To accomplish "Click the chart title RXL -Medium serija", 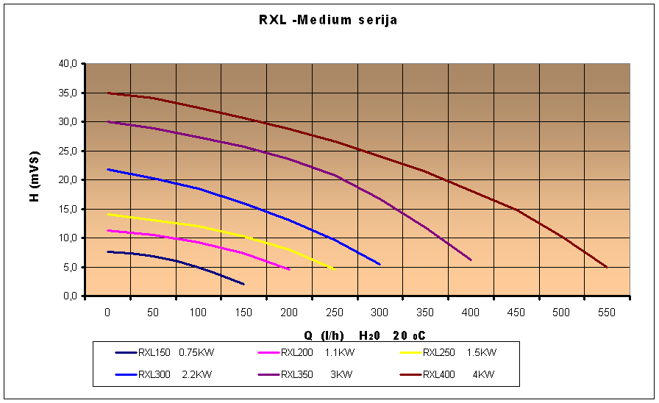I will (x=328, y=21).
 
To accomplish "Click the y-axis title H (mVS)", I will (x=35, y=176).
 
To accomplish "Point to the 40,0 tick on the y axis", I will (x=67, y=63).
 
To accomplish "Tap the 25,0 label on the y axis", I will (x=67, y=151).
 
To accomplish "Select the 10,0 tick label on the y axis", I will (x=67, y=238).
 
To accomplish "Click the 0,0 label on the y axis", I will (x=69, y=296).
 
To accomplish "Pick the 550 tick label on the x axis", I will (x=607, y=313).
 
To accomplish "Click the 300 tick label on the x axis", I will (x=380, y=313).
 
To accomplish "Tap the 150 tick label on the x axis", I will (x=243, y=313).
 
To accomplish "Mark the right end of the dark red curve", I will (x=607, y=267).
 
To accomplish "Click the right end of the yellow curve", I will (x=335, y=269).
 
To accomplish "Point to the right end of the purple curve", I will (x=471, y=260).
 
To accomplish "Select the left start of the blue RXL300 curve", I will (x=108, y=169).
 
